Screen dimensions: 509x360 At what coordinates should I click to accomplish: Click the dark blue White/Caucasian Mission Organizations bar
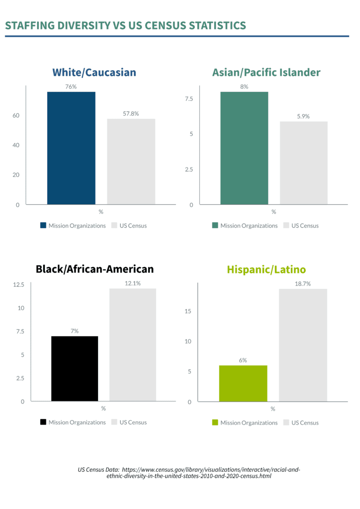[71, 148]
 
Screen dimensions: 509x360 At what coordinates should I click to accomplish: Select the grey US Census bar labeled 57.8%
[131, 162]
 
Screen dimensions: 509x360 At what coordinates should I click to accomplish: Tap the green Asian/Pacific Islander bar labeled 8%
[244, 148]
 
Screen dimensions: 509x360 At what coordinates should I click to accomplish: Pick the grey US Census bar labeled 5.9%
[303, 163]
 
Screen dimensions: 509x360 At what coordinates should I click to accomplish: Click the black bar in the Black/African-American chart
[75, 369]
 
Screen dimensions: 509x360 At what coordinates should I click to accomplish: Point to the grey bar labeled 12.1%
[133, 345]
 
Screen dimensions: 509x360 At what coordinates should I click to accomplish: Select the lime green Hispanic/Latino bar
[243, 383]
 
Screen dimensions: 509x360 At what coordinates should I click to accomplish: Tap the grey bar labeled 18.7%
[303, 345]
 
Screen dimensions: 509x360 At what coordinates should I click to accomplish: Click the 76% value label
[71, 86]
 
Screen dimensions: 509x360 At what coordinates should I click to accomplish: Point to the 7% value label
[75, 331]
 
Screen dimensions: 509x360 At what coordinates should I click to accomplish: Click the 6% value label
[243, 360]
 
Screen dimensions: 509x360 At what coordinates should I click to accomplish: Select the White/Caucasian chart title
[94, 73]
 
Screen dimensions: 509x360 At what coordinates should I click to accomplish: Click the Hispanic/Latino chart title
[266, 269]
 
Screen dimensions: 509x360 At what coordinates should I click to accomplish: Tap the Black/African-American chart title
[94, 269]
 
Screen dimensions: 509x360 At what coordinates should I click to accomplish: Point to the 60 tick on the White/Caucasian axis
[16, 115]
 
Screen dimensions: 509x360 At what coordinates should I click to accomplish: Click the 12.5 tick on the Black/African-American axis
[19, 285]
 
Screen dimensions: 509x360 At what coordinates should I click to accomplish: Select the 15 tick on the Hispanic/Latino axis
[188, 312]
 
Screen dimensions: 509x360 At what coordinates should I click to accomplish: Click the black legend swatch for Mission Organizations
[43, 423]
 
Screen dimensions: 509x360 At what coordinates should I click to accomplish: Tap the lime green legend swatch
[215, 423]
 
